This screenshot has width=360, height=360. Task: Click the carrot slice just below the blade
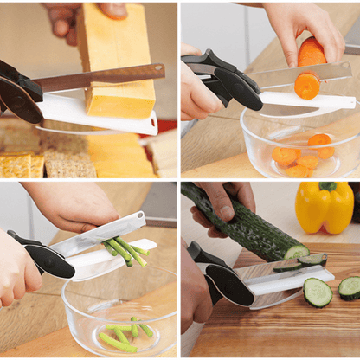(306, 86)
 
